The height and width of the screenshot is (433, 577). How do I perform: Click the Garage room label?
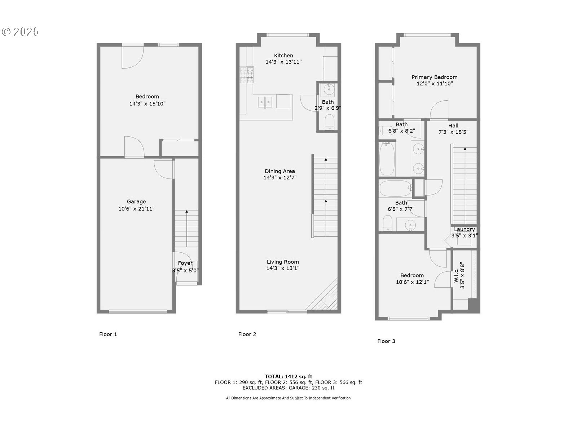pyautogui.click(x=136, y=202)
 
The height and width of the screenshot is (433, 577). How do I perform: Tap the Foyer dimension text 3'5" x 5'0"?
pyautogui.click(x=185, y=270)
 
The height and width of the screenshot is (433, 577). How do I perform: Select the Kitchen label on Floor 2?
pyautogui.click(x=283, y=56)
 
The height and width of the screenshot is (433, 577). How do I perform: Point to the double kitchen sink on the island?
pyautogui.click(x=265, y=102)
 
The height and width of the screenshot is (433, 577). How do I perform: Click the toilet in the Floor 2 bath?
pyautogui.click(x=330, y=122)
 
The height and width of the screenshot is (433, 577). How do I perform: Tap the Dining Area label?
pyautogui.click(x=280, y=171)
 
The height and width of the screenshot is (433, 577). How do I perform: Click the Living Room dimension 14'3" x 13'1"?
pyautogui.click(x=283, y=268)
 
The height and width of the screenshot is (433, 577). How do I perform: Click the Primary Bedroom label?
pyautogui.click(x=435, y=77)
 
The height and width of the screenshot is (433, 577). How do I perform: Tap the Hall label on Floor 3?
pyautogui.click(x=453, y=126)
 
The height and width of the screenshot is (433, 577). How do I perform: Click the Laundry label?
pyautogui.click(x=464, y=229)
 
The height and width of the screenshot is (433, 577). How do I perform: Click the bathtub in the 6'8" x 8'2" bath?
pyautogui.click(x=387, y=159)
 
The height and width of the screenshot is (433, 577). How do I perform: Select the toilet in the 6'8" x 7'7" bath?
pyautogui.click(x=387, y=223)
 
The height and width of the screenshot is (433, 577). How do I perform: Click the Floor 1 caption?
pyautogui.click(x=108, y=334)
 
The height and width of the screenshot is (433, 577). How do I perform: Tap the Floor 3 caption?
pyautogui.click(x=386, y=341)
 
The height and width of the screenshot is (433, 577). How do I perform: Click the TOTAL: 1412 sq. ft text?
pyautogui.click(x=288, y=376)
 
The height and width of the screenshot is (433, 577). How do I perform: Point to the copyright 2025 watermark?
pyautogui.click(x=20, y=32)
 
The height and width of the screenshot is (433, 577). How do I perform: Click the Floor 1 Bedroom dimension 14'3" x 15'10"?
pyautogui.click(x=147, y=104)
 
